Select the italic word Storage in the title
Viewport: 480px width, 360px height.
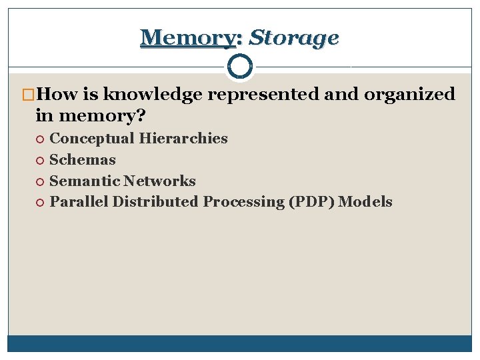293,38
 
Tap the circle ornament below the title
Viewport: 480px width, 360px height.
240,66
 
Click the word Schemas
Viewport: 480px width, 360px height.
83,160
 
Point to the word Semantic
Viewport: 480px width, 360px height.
85,181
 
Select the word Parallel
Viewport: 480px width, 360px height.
79,202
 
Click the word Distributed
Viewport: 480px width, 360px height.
155,202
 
